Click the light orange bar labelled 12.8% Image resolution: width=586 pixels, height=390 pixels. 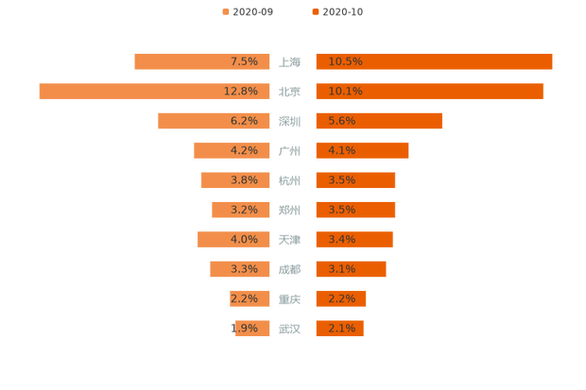point(155,91)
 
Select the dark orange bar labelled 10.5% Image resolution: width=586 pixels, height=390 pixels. point(434,61)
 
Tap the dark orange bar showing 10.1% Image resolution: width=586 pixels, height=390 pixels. point(429,91)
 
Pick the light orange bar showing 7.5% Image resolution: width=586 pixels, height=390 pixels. point(202,61)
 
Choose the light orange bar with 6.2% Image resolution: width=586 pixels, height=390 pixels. point(215,121)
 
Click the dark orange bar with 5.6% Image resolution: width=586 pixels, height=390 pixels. point(378,121)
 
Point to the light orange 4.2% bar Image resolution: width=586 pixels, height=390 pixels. point(233,150)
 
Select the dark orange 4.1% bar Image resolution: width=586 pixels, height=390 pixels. point(362,150)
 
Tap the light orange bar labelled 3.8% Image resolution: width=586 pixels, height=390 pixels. point(235,179)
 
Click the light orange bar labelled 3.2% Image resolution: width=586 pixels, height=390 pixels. point(241,210)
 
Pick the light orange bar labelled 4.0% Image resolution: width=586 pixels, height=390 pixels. point(234,239)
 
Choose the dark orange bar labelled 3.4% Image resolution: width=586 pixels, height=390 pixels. point(353,239)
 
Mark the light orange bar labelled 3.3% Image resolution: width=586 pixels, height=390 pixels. point(240,269)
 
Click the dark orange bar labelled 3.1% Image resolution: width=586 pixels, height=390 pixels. point(351,269)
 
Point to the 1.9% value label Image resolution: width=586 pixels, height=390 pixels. point(244,329)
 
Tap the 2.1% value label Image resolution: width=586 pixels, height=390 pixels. point(342,329)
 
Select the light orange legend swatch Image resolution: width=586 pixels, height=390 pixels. point(225,12)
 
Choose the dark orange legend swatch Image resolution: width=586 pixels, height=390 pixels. point(314,12)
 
